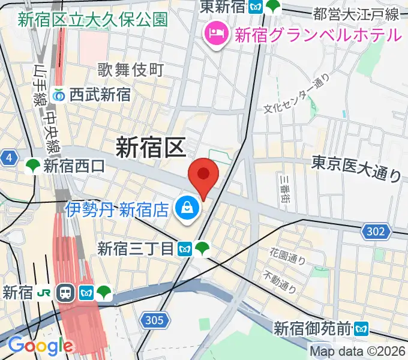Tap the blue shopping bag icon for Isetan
(x=188, y=209)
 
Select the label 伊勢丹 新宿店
(x=118, y=209)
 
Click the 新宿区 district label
(x=150, y=147)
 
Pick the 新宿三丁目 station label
(x=136, y=248)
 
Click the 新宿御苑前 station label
(x=313, y=328)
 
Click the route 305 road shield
(x=154, y=322)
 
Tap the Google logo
(x=40, y=346)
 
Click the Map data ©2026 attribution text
(x=358, y=351)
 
